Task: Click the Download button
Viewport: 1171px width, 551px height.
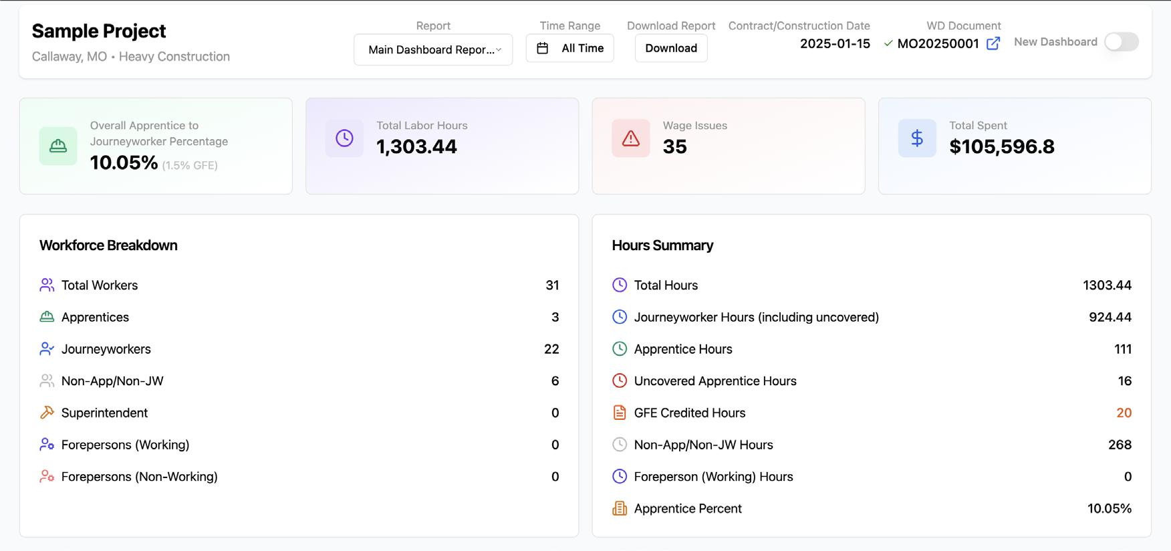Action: coord(671,48)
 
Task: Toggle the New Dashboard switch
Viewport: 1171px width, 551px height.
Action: coord(1122,42)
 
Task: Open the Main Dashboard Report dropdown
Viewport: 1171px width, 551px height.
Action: coord(433,49)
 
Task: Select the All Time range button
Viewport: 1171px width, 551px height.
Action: coord(570,48)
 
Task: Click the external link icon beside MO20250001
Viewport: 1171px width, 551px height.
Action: coord(994,43)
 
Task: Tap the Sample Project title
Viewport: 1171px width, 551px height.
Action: coord(99,31)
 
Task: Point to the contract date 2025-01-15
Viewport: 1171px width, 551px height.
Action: coord(835,43)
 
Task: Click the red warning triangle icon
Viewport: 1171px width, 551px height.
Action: coord(631,138)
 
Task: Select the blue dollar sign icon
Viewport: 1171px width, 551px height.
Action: coord(917,138)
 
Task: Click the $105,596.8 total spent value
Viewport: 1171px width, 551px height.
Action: coord(1002,146)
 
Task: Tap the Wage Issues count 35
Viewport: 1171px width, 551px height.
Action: coord(675,146)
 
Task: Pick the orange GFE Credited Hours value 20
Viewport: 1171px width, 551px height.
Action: coord(1124,413)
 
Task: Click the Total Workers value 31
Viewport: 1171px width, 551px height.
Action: coord(552,286)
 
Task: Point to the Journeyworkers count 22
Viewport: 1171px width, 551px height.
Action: coord(551,349)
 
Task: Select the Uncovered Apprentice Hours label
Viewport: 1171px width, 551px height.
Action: coord(715,381)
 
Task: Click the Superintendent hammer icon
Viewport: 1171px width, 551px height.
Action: coord(47,413)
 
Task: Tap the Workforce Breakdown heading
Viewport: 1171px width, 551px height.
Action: coord(108,245)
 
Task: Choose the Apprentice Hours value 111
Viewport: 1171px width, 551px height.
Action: coord(1123,349)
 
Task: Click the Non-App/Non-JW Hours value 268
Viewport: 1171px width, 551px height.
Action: coord(1120,445)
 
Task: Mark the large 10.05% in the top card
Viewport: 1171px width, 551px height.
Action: coord(124,162)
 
